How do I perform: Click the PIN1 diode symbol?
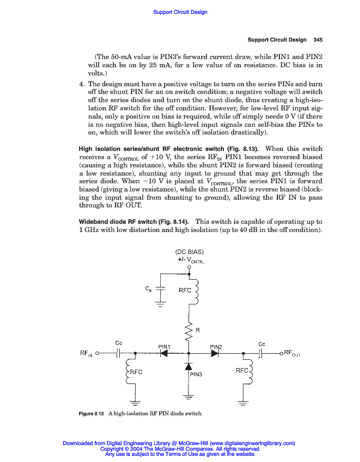coord(164,353)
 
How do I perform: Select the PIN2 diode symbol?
coord(215,353)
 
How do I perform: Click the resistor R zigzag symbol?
coord(189,333)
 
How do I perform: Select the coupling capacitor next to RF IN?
coord(118,353)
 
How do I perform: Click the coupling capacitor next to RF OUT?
coord(261,353)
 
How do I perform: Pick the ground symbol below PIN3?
coord(188,396)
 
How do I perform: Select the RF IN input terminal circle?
coord(97,353)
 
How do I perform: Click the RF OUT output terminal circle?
coord(281,353)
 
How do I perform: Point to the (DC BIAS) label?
coord(190,252)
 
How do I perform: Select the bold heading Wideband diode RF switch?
coord(133,221)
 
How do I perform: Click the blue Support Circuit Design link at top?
coord(180,12)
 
